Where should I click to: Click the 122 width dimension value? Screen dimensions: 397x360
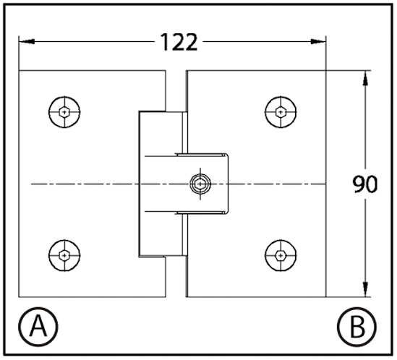click(x=179, y=42)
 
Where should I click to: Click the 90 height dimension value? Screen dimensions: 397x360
click(x=365, y=184)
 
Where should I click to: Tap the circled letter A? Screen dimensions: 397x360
click(x=38, y=327)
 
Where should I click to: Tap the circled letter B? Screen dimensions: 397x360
click(x=357, y=327)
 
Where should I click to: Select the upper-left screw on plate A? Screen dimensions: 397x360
click(x=64, y=112)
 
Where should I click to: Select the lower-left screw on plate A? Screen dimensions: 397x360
click(x=64, y=255)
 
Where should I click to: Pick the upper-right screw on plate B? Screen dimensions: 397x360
click(x=281, y=112)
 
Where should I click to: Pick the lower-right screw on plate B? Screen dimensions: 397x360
click(x=281, y=255)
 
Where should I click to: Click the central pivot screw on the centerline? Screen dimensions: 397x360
click(x=200, y=184)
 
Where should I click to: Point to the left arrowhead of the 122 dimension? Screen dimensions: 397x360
click(x=27, y=41)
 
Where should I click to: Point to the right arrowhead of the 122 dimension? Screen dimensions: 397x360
click(x=318, y=41)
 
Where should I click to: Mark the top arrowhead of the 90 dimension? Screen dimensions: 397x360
click(x=365, y=79)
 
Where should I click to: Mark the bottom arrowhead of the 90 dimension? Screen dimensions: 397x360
click(x=365, y=289)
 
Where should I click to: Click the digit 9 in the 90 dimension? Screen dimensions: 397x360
click(x=359, y=184)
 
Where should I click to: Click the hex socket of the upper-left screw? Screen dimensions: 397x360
click(x=64, y=112)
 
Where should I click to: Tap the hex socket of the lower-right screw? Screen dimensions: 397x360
click(x=281, y=255)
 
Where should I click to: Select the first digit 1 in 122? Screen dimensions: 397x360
click(x=166, y=42)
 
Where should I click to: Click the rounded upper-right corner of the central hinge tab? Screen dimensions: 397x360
click(x=227, y=155)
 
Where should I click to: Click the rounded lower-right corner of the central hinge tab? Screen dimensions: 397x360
click(x=227, y=212)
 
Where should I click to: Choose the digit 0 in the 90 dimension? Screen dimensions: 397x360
click(x=372, y=184)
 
